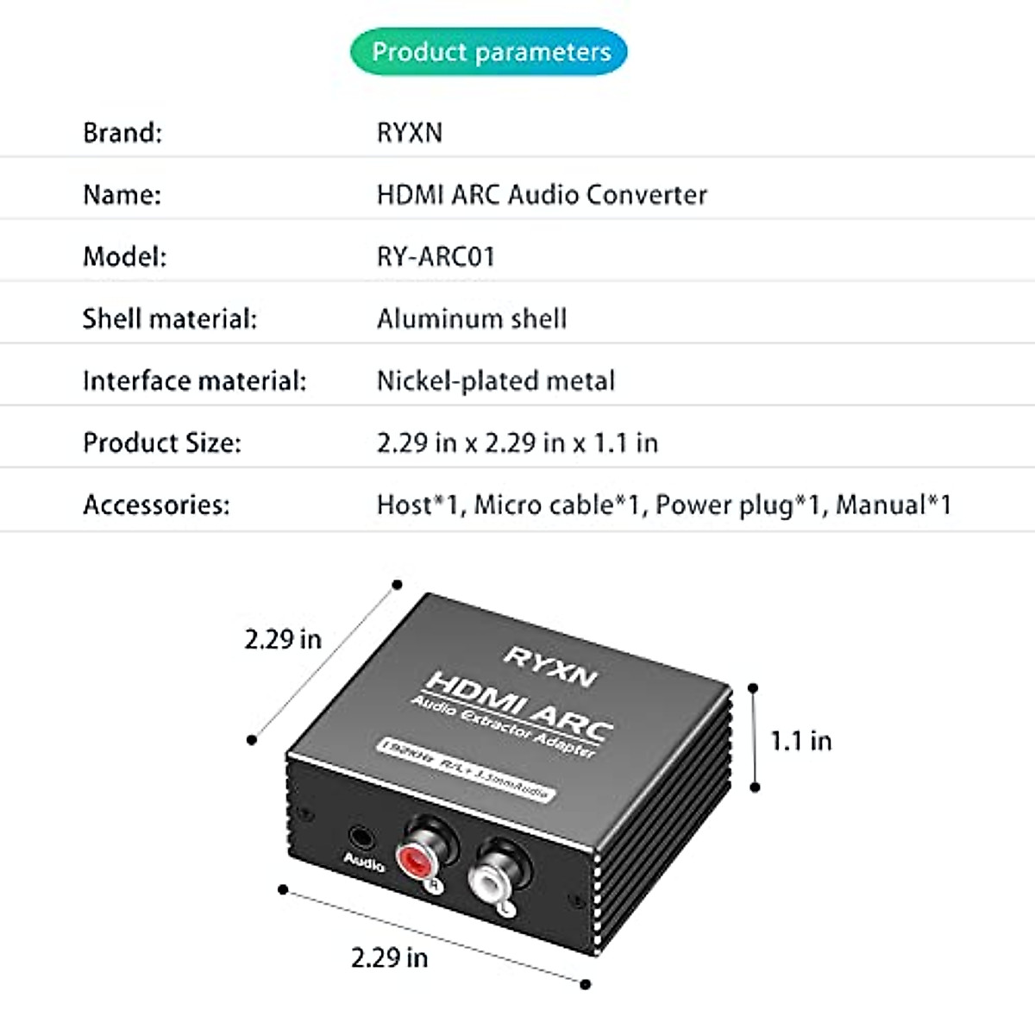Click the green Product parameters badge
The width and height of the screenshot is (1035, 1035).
tap(489, 52)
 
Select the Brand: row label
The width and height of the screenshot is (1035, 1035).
tap(122, 133)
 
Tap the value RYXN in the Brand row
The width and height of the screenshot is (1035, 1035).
tap(410, 133)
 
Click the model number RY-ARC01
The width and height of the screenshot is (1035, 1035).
tap(436, 257)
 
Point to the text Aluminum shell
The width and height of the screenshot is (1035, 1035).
tap(472, 319)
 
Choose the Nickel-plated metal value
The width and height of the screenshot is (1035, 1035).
tap(496, 381)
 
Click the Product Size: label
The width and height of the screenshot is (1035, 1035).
tap(162, 443)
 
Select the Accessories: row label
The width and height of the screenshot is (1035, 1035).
tap(156, 505)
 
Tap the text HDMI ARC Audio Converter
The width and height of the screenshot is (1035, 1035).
tap(542, 195)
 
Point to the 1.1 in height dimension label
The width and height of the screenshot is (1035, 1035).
tap(800, 741)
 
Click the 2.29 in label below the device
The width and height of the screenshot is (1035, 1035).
tap(389, 957)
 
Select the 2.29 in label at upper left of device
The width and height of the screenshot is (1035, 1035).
tap(283, 639)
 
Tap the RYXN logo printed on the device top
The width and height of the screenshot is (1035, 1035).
tap(550, 665)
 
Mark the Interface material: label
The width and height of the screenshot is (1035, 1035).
tap(194, 381)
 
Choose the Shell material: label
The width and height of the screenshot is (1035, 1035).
tap(170, 319)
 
